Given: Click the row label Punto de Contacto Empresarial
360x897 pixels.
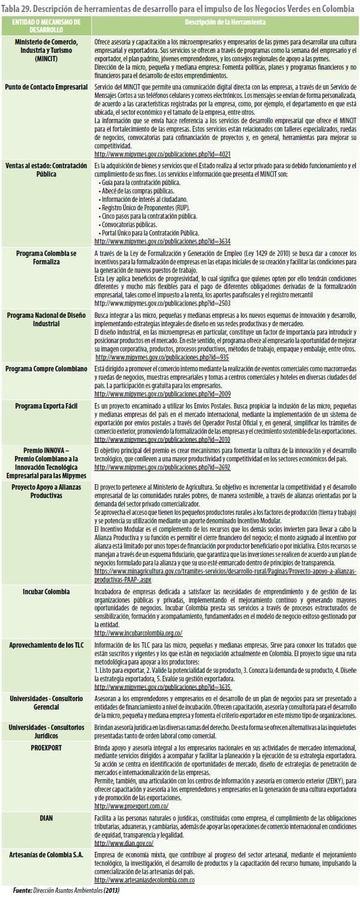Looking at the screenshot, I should (x=46, y=87).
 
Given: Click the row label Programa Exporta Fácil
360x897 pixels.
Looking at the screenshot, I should (x=46, y=406).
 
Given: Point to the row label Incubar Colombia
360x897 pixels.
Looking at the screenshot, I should (x=46, y=592).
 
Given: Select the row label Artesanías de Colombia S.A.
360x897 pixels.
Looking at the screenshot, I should (x=46, y=853).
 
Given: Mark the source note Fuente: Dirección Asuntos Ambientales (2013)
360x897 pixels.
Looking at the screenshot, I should (x=67, y=890).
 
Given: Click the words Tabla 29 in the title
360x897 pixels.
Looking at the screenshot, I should (x=16, y=6).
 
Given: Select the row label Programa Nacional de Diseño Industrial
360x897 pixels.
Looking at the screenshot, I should (x=46, y=319).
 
